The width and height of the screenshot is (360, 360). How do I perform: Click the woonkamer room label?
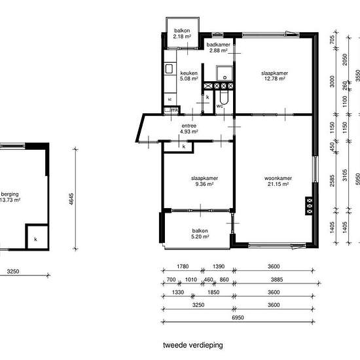(x=278, y=181)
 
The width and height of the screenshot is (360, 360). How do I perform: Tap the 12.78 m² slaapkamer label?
(x=275, y=76)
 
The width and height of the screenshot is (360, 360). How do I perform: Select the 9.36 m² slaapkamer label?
(x=204, y=181)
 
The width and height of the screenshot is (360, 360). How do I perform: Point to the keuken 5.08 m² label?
(x=189, y=76)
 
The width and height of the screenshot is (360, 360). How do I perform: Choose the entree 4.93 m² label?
(x=189, y=128)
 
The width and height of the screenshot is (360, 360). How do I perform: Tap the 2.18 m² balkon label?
(x=182, y=33)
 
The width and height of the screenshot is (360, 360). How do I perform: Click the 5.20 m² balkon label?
(x=200, y=234)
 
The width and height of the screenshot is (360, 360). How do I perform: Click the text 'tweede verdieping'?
(x=193, y=345)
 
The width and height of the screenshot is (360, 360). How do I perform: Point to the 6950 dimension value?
(x=238, y=317)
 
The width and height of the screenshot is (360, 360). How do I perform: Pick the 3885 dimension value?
(x=277, y=279)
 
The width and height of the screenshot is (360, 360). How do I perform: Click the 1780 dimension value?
(x=183, y=266)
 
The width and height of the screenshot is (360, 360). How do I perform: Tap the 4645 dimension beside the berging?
(x=71, y=199)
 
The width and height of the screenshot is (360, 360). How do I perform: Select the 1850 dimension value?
(x=213, y=292)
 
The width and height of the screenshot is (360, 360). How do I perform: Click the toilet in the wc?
(x=224, y=98)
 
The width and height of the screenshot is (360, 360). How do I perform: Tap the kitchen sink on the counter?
(x=169, y=69)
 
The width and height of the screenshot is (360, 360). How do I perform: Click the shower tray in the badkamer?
(x=224, y=73)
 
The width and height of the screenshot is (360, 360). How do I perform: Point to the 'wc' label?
(x=219, y=106)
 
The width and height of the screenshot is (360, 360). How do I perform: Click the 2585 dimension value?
(x=332, y=181)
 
